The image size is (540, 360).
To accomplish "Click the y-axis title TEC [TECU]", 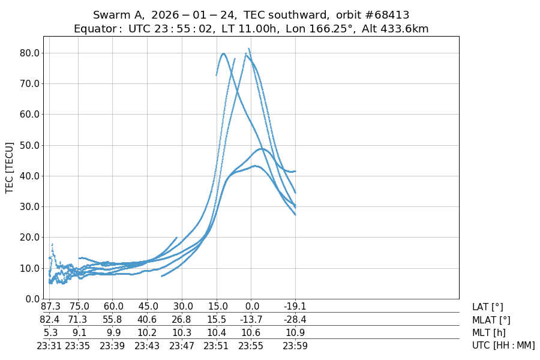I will tap(9, 167).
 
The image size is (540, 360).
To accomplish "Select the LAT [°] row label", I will tap(488, 307).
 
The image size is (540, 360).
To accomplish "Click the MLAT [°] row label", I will tap(491, 320).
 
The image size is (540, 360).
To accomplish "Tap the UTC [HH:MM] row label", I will tap(503, 346).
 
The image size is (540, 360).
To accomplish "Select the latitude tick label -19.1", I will tap(295, 307).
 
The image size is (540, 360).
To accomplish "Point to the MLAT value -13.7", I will tap(251, 320).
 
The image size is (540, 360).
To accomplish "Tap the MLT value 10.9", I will tap(295, 333).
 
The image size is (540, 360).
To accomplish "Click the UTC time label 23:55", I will tap(251, 346).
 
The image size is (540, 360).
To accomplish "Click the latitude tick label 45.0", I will tap(148, 307).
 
